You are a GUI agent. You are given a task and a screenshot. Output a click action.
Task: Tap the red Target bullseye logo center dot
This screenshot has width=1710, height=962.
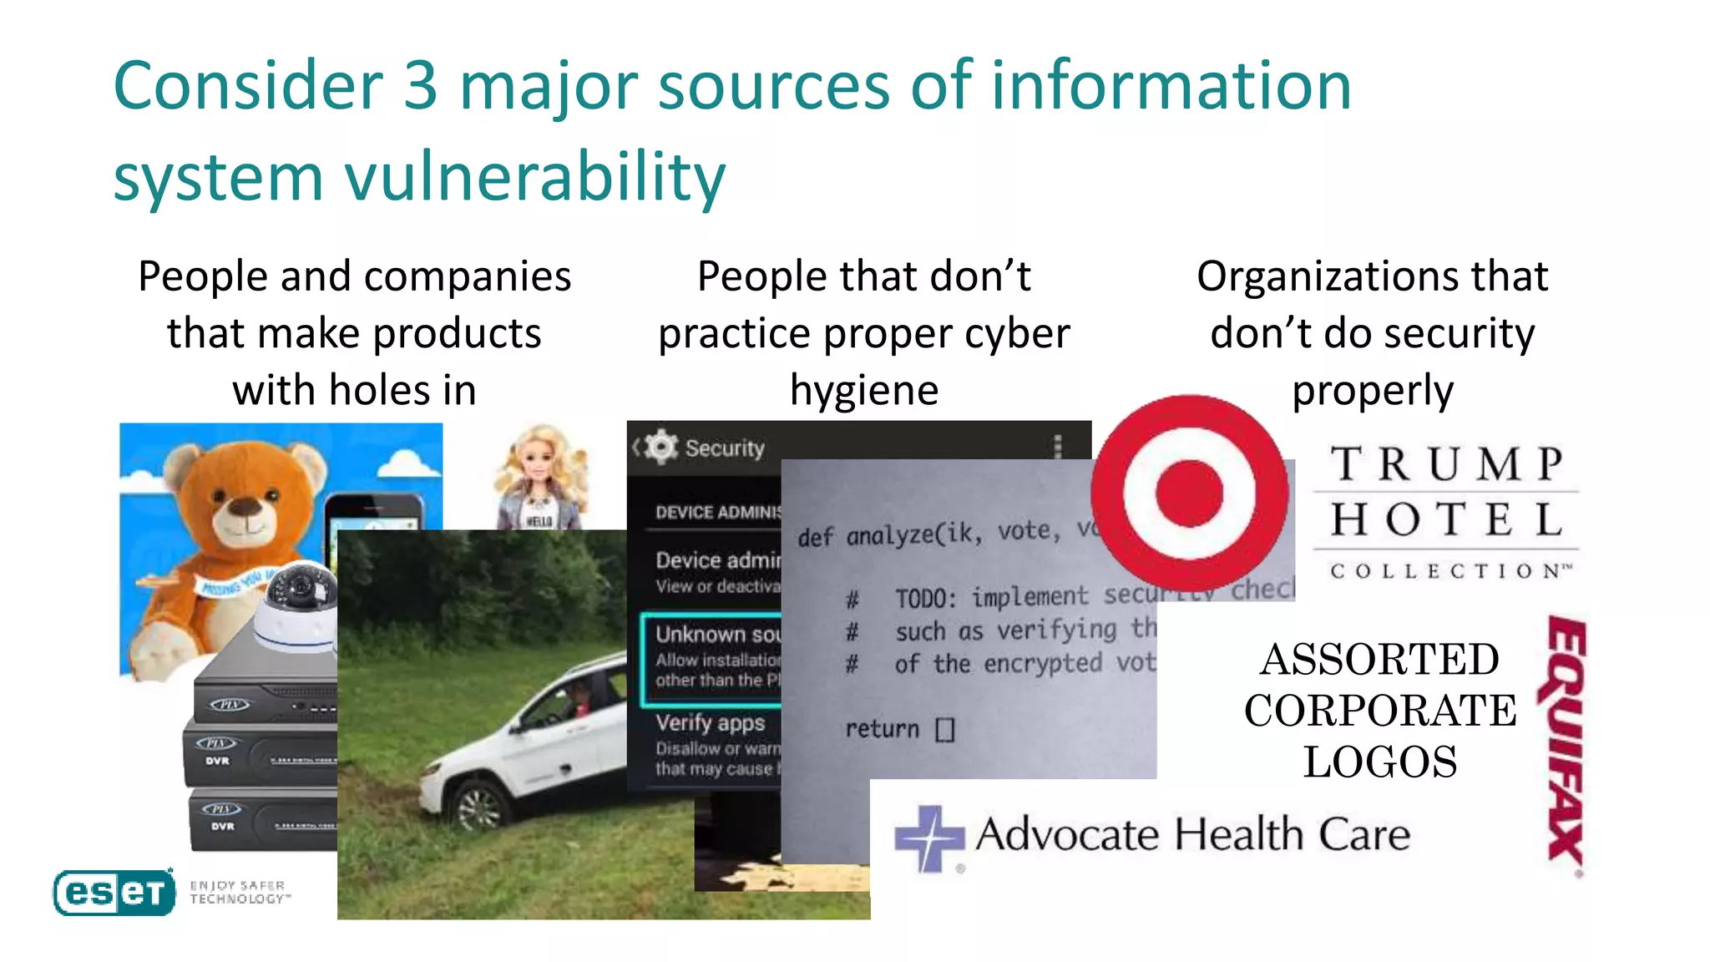tap(1188, 493)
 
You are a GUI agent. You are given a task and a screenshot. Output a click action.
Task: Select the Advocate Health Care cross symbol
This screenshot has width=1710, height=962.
tap(928, 838)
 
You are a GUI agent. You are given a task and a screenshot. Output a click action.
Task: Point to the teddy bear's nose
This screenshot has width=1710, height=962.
tap(245, 506)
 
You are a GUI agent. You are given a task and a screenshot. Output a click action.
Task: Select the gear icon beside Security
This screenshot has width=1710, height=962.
tap(661, 447)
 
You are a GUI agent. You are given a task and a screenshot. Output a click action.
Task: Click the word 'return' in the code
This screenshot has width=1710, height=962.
tap(882, 729)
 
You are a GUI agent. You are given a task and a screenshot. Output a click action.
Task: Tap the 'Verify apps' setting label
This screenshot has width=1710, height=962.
tap(710, 722)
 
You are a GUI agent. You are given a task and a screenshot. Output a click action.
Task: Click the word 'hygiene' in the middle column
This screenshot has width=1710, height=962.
tap(863, 390)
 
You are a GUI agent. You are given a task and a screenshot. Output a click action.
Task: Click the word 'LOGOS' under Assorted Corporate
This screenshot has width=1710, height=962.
tap(1380, 762)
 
